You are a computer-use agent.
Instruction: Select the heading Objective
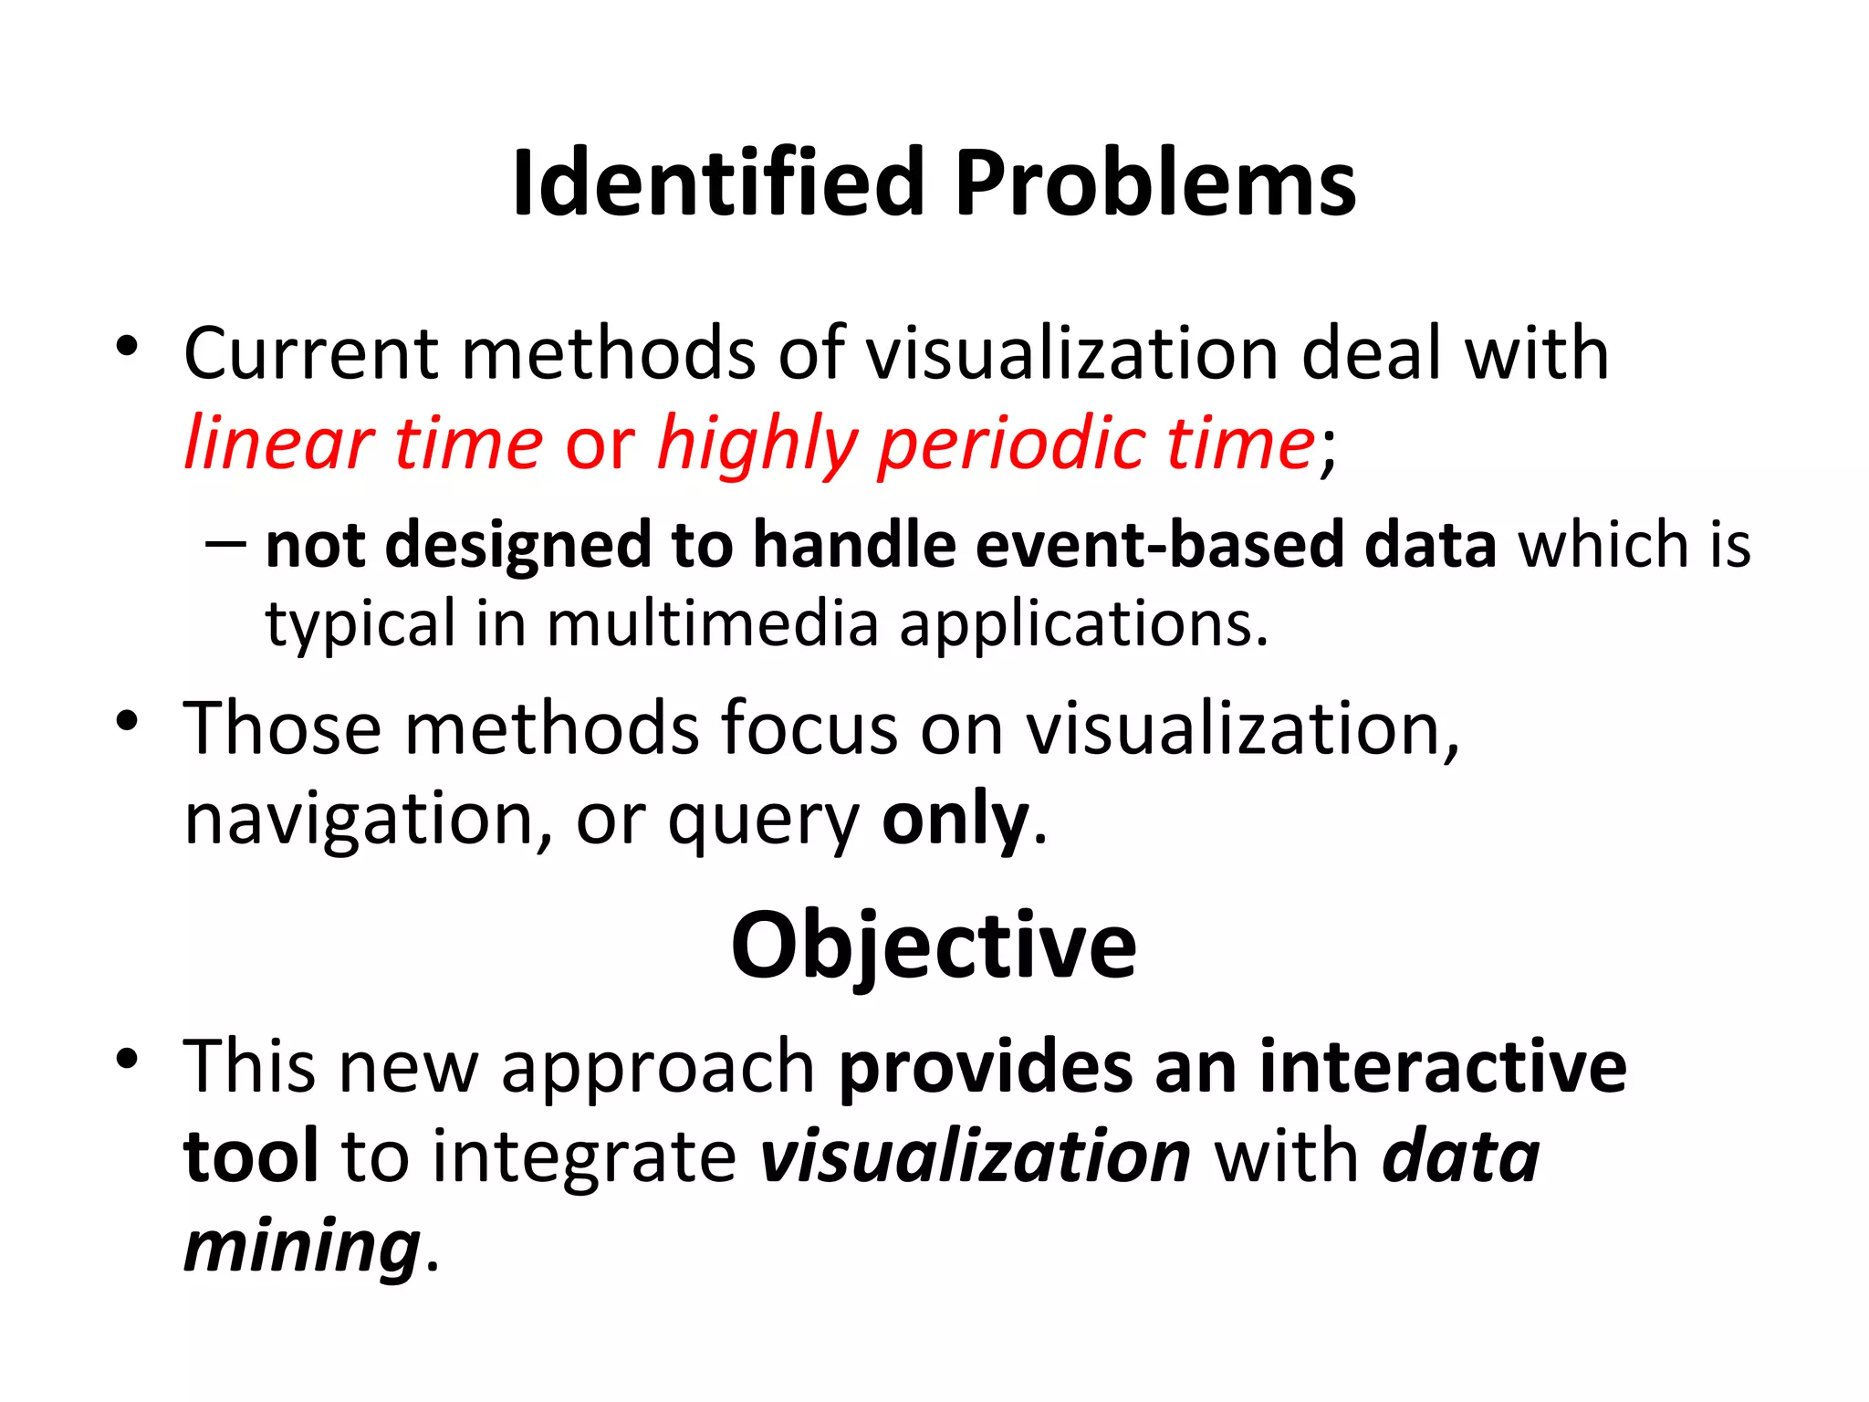click(x=934, y=946)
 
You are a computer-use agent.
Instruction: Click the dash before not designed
click(x=225, y=545)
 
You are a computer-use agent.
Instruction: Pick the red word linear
click(x=278, y=444)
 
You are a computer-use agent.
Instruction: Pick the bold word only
click(x=955, y=820)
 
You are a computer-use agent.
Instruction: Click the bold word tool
click(x=251, y=1156)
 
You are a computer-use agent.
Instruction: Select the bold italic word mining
click(x=302, y=1247)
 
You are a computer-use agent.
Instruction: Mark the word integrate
click(x=584, y=1157)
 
